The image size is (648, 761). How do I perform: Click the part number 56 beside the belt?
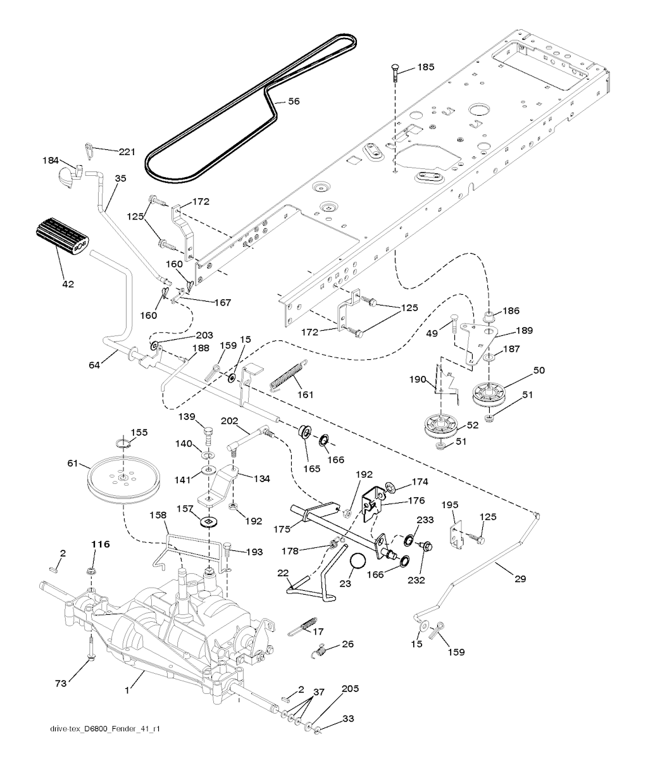tap(294, 101)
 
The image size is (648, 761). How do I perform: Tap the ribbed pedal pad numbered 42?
tap(61, 236)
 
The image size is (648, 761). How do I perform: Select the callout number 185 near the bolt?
tap(425, 66)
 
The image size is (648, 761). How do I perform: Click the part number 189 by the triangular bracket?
tap(524, 330)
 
